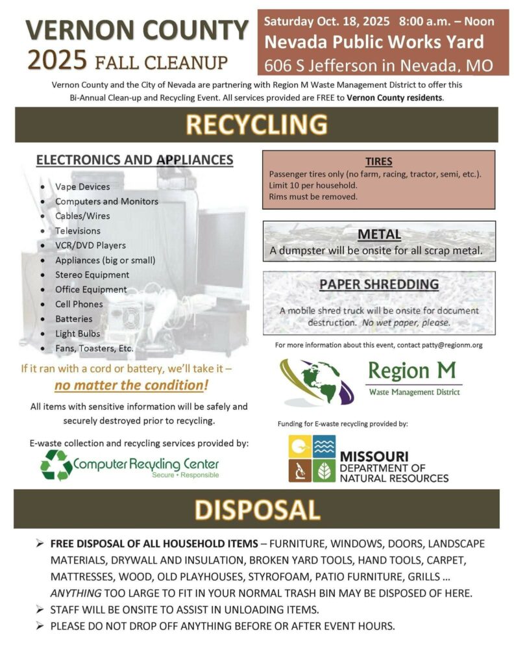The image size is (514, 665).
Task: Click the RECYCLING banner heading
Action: point(256,124)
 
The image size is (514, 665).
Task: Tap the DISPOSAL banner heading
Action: point(258,509)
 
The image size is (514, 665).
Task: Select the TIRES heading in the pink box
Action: point(378,162)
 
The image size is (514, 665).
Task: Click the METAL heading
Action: point(380,234)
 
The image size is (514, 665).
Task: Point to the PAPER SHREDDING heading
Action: point(379,284)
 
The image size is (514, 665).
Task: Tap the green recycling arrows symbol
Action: point(56,465)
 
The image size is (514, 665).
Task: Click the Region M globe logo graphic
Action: point(317,381)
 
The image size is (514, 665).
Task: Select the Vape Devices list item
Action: point(82,186)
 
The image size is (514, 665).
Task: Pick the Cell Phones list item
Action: point(79,304)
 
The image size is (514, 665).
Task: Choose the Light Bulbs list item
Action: point(78,333)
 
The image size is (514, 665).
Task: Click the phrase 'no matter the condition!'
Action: point(132,385)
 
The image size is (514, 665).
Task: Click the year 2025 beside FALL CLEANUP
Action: point(56,61)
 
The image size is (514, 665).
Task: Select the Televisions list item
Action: point(78,231)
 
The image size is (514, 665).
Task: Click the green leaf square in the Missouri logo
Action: point(324,471)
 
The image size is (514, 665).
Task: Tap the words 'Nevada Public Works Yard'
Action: point(373,43)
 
